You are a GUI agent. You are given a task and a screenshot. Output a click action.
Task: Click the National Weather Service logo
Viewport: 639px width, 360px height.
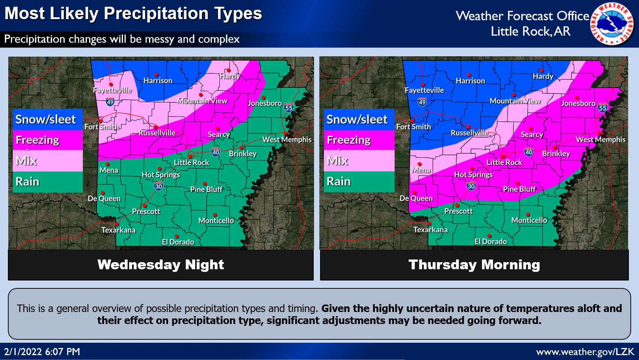pyautogui.click(x=612, y=24)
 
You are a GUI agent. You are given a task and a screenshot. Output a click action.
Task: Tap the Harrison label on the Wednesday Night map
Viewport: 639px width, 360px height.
pyautogui.click(x=158, y=81)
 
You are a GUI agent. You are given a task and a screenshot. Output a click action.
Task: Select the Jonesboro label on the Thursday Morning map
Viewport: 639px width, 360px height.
pyautogui.click(x=578, y=103)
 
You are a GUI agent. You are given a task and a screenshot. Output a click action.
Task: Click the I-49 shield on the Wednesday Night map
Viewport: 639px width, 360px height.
pyautogui.click(x=110, y=102)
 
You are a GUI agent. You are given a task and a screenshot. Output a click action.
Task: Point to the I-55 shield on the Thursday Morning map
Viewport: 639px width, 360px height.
pyautogui.click(x=603, y=108)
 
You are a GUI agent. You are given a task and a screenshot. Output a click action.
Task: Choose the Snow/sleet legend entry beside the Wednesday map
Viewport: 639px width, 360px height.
pyautogui.click(x=47, y=120)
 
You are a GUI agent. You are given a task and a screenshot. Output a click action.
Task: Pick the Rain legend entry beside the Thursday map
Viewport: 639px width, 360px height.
pyautogui.click(x=359, y=182)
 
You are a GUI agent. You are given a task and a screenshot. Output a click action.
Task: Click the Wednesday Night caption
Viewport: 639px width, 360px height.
pyautogui.click(x=161, y=265)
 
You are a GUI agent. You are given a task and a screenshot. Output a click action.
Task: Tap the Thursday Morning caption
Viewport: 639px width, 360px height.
pyautogui.click(x=474, y=265)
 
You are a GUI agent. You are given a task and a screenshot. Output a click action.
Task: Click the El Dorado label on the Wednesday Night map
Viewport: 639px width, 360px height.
pyautogui.click(x=178, y=242)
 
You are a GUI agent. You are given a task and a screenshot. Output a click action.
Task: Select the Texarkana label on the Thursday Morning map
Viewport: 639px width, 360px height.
pyautogui.click(x=430, y=230)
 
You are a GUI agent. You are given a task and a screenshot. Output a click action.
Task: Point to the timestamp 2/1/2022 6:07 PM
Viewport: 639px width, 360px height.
pyautogui.click(x=42, y=352)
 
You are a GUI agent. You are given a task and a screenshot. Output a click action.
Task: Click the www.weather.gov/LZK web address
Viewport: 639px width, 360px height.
pyautogui.click(x=585, y=352)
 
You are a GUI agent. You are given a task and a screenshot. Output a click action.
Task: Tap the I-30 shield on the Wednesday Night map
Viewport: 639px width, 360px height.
pyautogui.click(x=158, y=186)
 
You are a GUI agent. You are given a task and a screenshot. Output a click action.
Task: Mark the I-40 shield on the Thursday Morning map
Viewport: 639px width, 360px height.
pyautogui.click(x=529, y=152)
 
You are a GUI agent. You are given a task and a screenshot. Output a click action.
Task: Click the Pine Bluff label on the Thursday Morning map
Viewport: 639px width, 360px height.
pyautogui.click(x=519, y=189)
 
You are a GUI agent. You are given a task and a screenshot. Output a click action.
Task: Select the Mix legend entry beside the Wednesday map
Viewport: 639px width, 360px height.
pyautogui.click(x=47, y=161)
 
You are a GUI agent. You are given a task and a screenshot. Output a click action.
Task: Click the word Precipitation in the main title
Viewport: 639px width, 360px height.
pyautogui.click(x=156, y=14)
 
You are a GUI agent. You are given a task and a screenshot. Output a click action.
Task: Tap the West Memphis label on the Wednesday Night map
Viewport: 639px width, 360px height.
pyautogui.click(x=287, y=140)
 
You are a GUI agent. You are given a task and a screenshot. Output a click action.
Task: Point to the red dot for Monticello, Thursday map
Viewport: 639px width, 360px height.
pyautogui.click(x=528, y=214)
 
